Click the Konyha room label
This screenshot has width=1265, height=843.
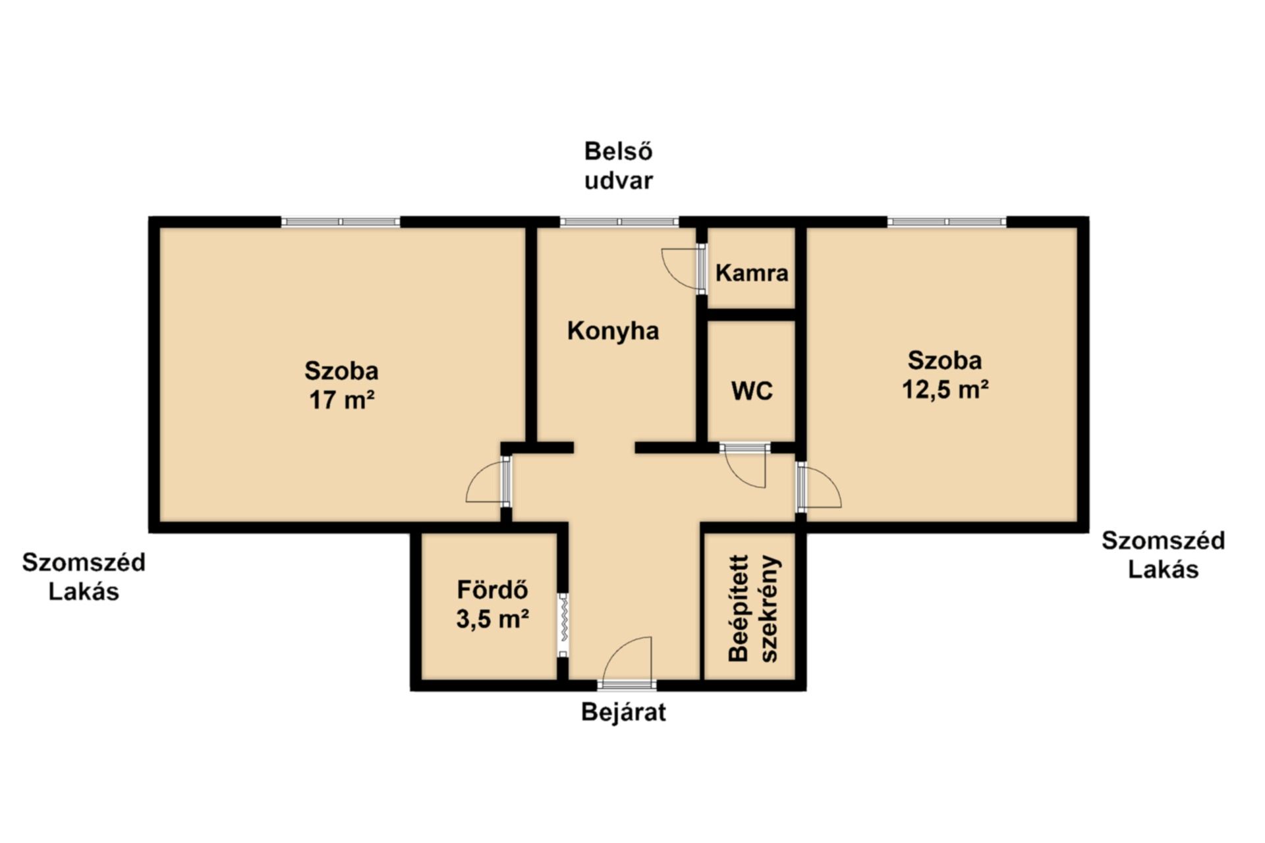pyautogui.click(x=613, y=331)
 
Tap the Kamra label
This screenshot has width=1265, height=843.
pyautogui.click(x=752, y=273)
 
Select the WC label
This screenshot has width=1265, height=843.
pyautogui.click(x=752, y=391)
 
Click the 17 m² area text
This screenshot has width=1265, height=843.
pyautogui.click(x=342, y=400)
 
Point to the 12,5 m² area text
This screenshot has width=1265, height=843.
pyautogui.click(x=945, y=389)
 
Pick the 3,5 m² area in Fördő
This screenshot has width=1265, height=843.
pyautogui.click(x=493, y=618)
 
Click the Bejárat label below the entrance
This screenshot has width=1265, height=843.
pyautogui.click(x=623, y=713)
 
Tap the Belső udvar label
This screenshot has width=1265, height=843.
pyautogui.click(x=619, y=166)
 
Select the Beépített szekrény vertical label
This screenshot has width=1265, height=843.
pyautogui.click(x=754, y=608)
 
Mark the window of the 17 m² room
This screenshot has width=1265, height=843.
pyautogui.click(x=341, y=222)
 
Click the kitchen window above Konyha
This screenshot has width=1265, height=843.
pyautogui.click(x=619, y=222)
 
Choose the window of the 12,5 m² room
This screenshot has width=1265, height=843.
pyautogui.click(x=947, y=222)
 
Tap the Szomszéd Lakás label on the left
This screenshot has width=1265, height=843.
pyautogui.click(x=84, y=577)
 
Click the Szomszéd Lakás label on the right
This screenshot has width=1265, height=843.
pyautogui.click(x=1163, y=555)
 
